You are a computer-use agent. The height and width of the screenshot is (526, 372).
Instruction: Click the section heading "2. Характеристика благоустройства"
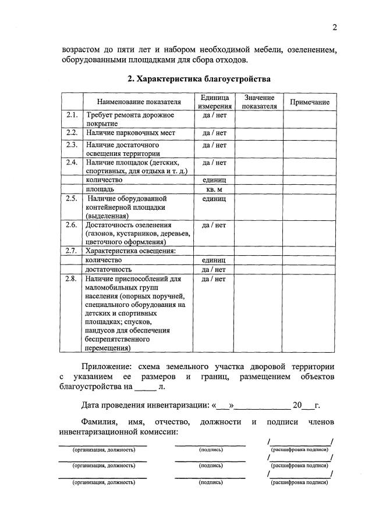pyautogui.click(x=199, y=78)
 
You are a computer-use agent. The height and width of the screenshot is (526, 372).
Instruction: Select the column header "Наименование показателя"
pyautogui.click(x=139, y=102)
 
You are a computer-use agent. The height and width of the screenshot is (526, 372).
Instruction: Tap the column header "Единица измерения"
pyautogui.click(x=214, y=102)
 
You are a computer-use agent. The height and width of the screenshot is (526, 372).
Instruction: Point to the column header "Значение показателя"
pyautogui.click(x=260, y=102)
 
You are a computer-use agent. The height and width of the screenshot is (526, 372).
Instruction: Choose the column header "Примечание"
pyautogui.click(x=309, y=102)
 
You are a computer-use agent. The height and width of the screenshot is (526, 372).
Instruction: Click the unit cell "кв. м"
pyautogui.click(x=214, y=189)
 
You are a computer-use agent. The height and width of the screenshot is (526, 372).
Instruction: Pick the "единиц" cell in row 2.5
pyautogui.click(x=214, y=199)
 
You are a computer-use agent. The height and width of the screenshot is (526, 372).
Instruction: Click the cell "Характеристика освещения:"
pyautogui.click(x=130, y=251)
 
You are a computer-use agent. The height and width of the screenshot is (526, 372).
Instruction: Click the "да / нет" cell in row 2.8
pyautogui.click(x=214, y=279)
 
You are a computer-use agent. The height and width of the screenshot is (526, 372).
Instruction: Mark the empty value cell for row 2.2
pyautogui.click(x=260, y=133)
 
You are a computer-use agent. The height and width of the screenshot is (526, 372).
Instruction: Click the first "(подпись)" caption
pyautogui.click(x=210, y=450)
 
